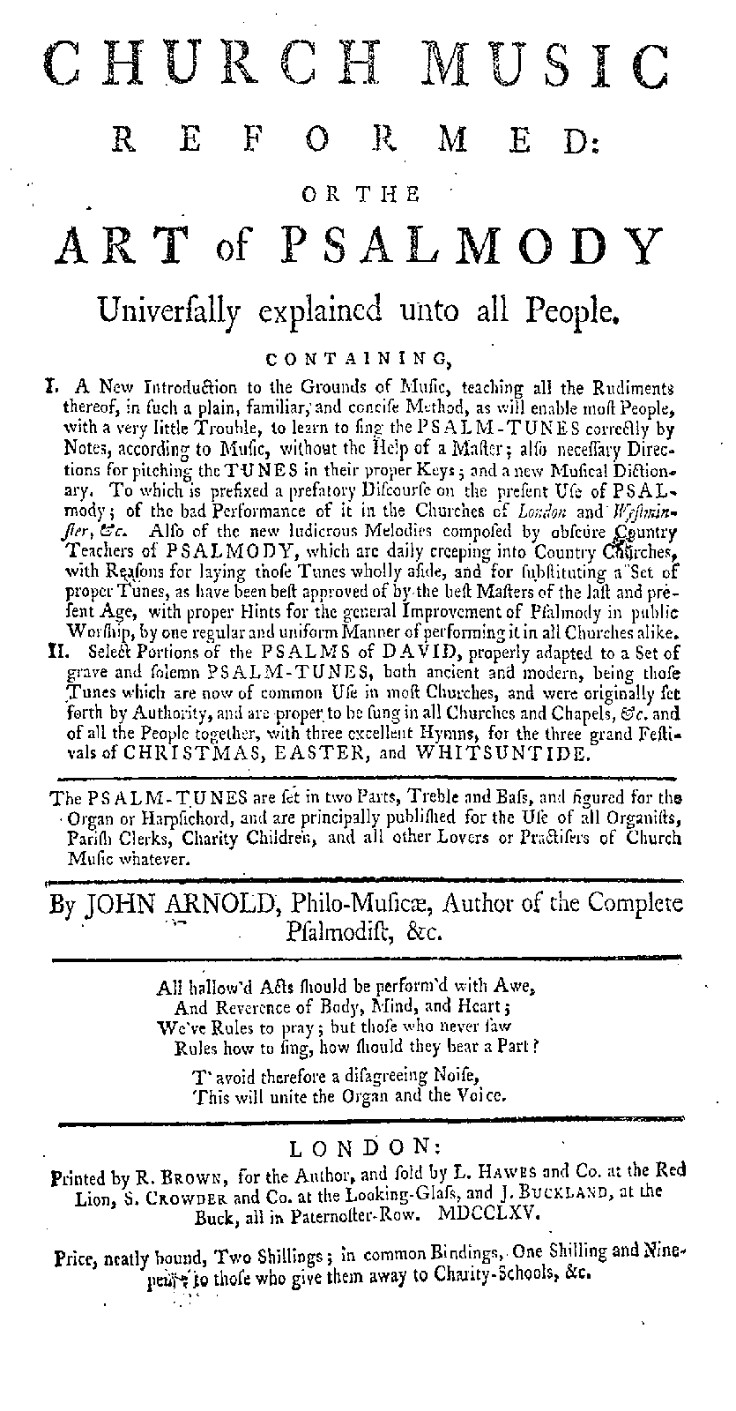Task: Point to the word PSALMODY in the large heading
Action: [x=494, y=248]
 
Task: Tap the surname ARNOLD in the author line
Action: [x=224, y=904]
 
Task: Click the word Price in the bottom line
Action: [x=76, y=1253]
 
